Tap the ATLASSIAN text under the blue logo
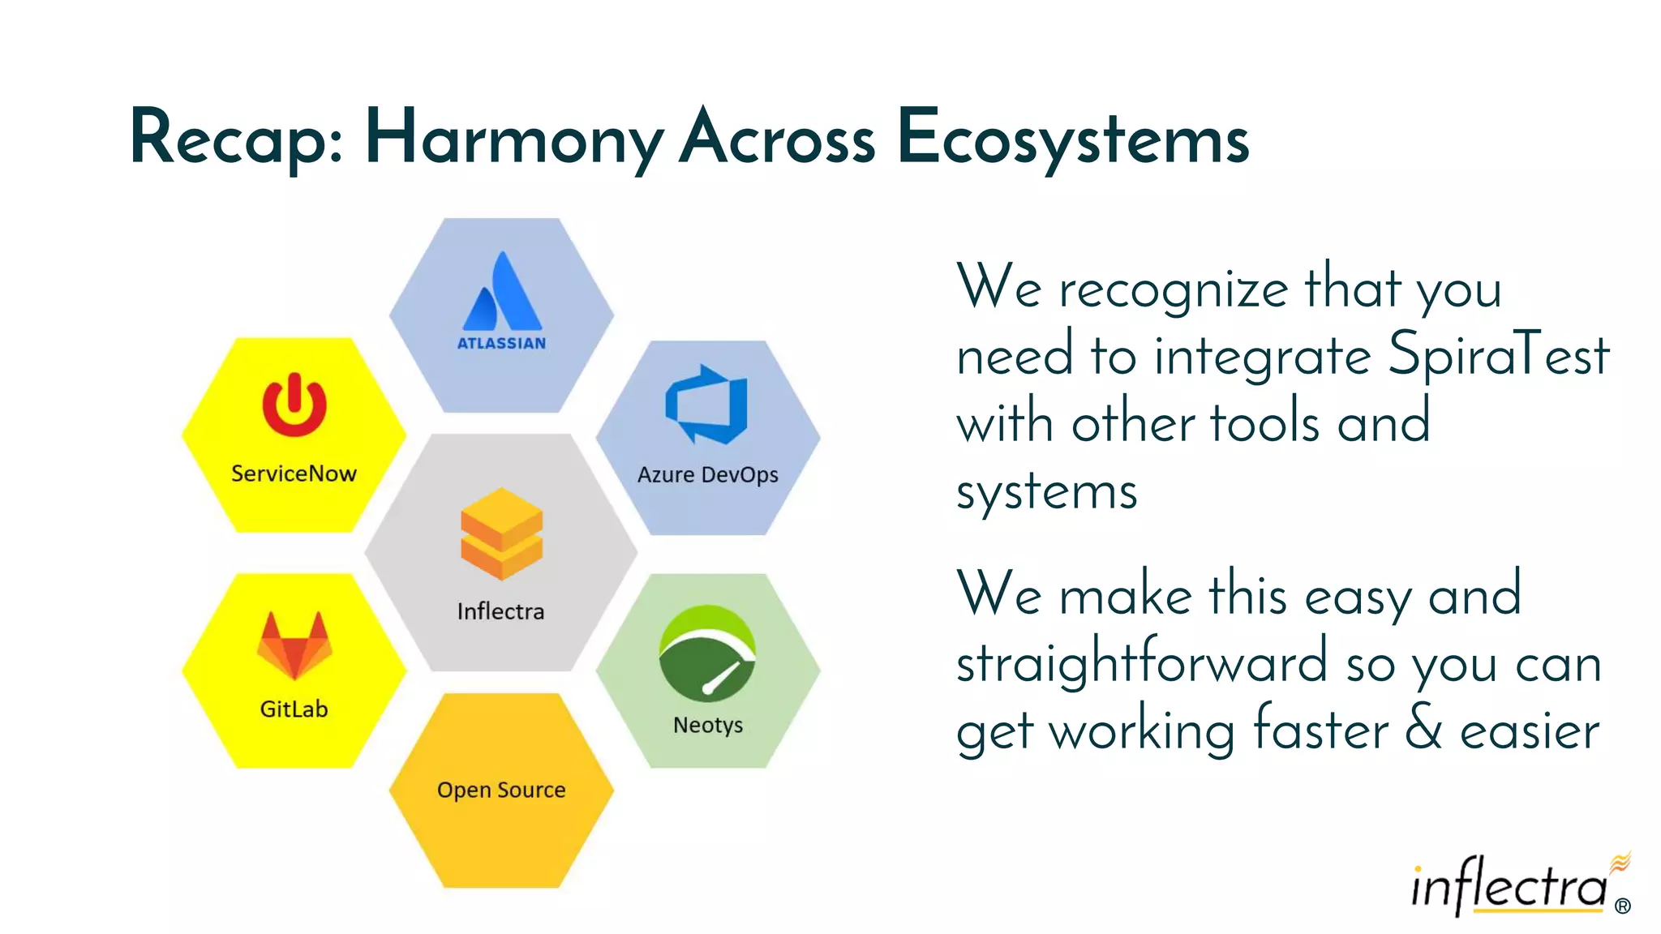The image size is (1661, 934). (501, 343)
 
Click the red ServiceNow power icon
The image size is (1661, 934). (294, 405)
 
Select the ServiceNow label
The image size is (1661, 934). (294, 473)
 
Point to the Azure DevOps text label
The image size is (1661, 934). (707, 474)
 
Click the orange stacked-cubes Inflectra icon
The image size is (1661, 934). (501, 533)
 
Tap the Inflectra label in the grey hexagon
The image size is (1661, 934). (500, 611)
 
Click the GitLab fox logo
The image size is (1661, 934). (294, 645)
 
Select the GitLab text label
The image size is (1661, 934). (294, 709)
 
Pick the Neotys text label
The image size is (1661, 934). (707, 725)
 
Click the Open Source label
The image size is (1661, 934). (501, 790)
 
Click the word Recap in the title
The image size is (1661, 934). (236, 139)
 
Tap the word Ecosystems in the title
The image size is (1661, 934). (1073, 139)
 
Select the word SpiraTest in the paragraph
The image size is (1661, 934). (1498, 355)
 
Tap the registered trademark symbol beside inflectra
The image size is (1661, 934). (1622, 906)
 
